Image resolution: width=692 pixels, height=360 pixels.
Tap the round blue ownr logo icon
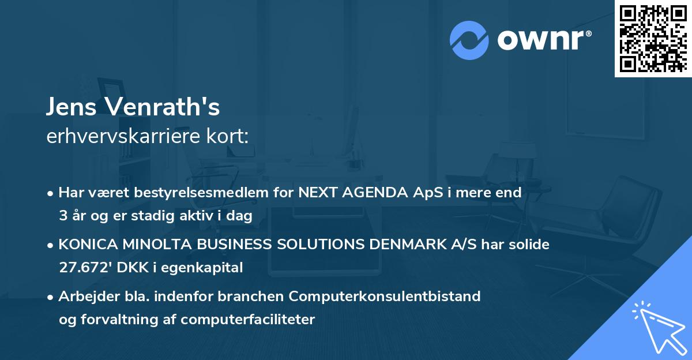pos(469,40)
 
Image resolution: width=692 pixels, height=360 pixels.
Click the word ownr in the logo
pos(544,40)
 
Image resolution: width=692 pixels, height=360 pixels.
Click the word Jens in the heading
pos(68,107)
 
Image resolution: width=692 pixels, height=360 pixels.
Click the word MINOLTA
pos(141,245)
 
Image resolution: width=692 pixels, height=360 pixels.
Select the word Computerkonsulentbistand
pos(385,297)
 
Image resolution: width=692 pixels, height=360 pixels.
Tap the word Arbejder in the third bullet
pos(84,297)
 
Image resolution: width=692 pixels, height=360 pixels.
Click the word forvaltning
pos(112,320)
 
